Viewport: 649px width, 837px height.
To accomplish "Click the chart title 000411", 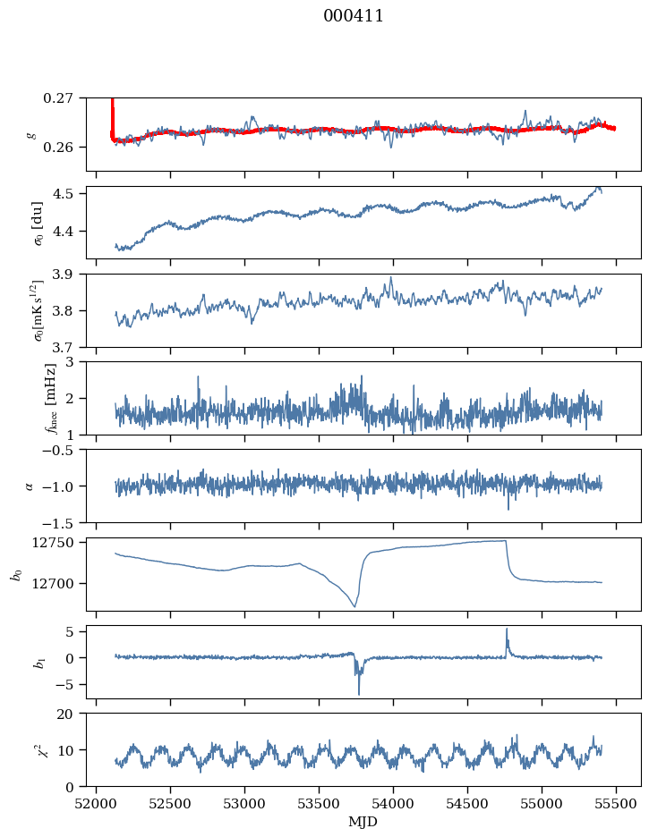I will click(x=354, y=16).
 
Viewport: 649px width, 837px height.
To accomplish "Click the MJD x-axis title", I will click(x=363, y=821).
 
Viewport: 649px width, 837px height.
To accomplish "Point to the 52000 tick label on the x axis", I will click(x=97, y=802).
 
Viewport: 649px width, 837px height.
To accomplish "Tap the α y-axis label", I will click(x=30, y=486).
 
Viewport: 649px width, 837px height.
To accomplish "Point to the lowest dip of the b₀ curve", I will click(x=354, y=606).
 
